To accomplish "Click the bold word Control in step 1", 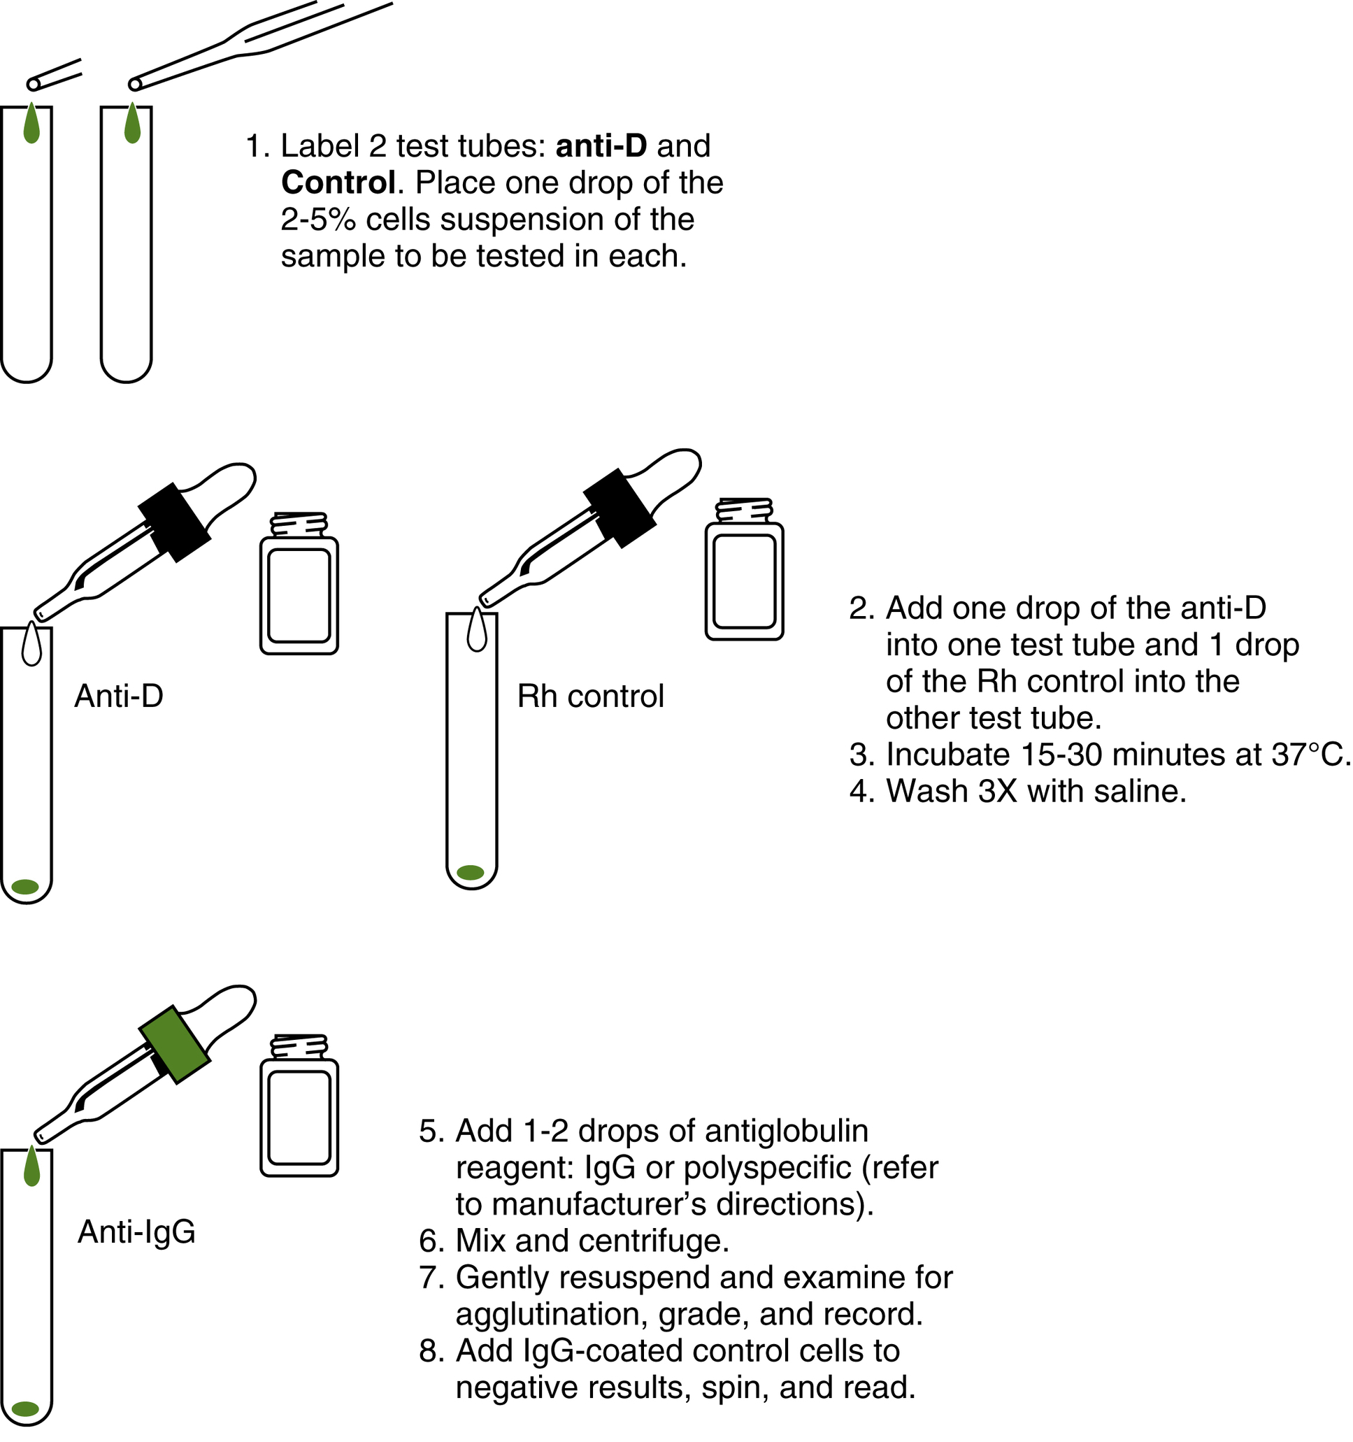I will (x=338, y=183).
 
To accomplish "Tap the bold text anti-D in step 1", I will (x=601, y=145).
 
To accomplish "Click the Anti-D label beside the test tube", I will (x=119, y=697).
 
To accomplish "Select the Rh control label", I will (x=590, y=697).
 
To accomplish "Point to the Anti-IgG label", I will (x=136, y=1232).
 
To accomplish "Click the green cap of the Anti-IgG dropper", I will (x=175, y=1045).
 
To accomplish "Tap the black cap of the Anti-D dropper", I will (x=175, y=522).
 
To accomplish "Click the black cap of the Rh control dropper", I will (x=620, y=508).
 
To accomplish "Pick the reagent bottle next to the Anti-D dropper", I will (x=299, y=586).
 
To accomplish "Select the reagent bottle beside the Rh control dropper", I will (x=744, y=571).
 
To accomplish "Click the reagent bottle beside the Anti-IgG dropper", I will (x=299, y=1108).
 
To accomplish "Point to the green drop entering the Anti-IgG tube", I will (x=31, y=1167).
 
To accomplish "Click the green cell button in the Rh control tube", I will (x=471, y=873).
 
